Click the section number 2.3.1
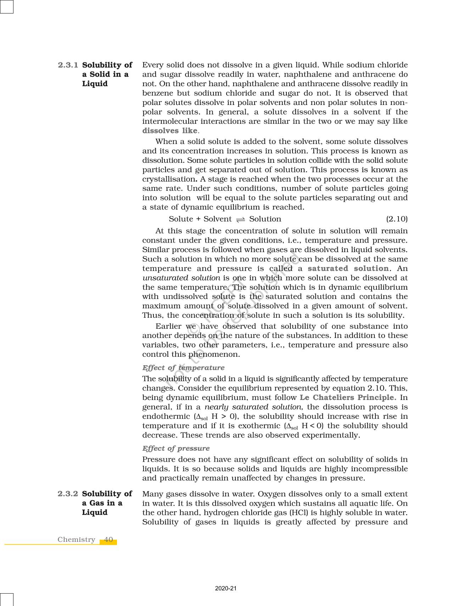pyautogui.click(x=68, y=65)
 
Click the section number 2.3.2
pyautogui.click(x=68, y=494)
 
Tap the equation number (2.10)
pyautogui.click(x=397, y=219)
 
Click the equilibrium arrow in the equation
pyautogui.click(x=240, y=220)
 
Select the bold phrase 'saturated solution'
pyautogui.click(x=348, y=269)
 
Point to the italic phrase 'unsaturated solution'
pyautogui.click(x=181, y=278)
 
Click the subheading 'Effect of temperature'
pyautogui.click(x=183, y=368)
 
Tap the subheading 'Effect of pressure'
pyautogui.click(x=176, y=449)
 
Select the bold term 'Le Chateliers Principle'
pyautogui.click(x=347, y=398)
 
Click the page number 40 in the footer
pyautogui.click(x=108, y=540)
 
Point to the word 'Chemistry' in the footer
pyautogui.click(x=76, y=540)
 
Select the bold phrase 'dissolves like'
pyautogui.click(x=169, y=131)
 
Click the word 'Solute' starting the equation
pyautogui.click(x=181, y=219)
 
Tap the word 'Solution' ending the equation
pyautogui.click(x=265, y=219)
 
